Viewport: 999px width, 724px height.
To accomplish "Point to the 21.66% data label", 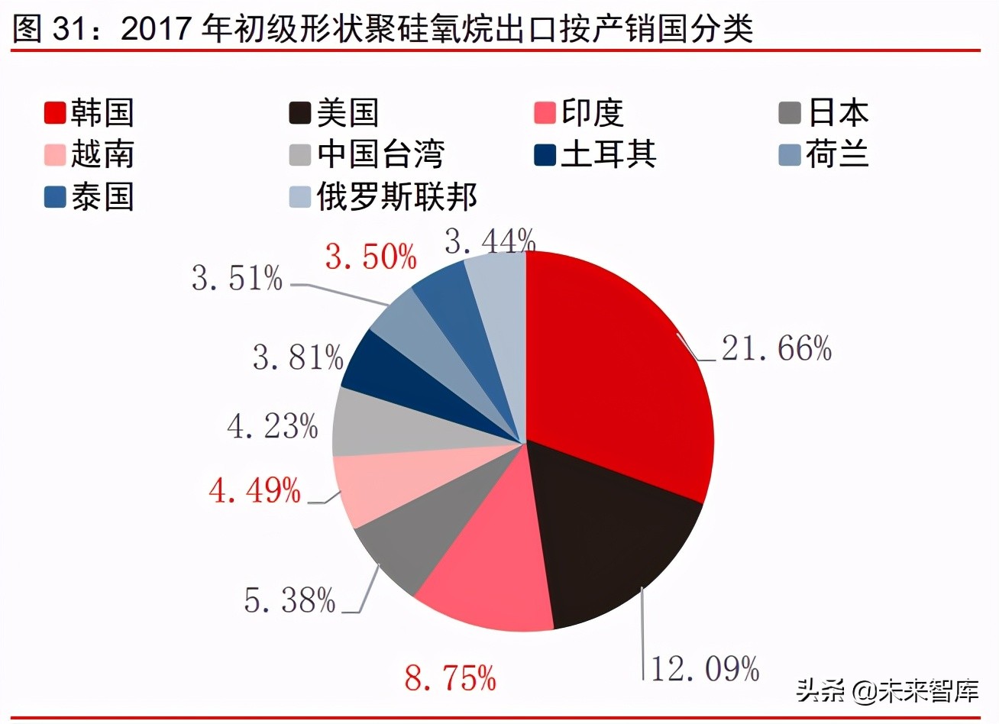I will [776, 349].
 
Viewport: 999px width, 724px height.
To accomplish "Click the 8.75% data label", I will [451, 677].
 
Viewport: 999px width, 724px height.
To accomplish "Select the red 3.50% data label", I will [371, 257].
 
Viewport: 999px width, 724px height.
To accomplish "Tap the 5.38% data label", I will [290, 600].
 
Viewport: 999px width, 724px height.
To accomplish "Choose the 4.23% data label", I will [273, 426].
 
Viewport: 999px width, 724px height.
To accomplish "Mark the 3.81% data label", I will [298, 357].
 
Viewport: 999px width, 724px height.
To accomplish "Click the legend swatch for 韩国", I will [55, 113].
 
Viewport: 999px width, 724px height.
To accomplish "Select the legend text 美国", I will [348, 113].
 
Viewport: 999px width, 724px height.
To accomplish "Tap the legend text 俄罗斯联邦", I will [397, 197].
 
